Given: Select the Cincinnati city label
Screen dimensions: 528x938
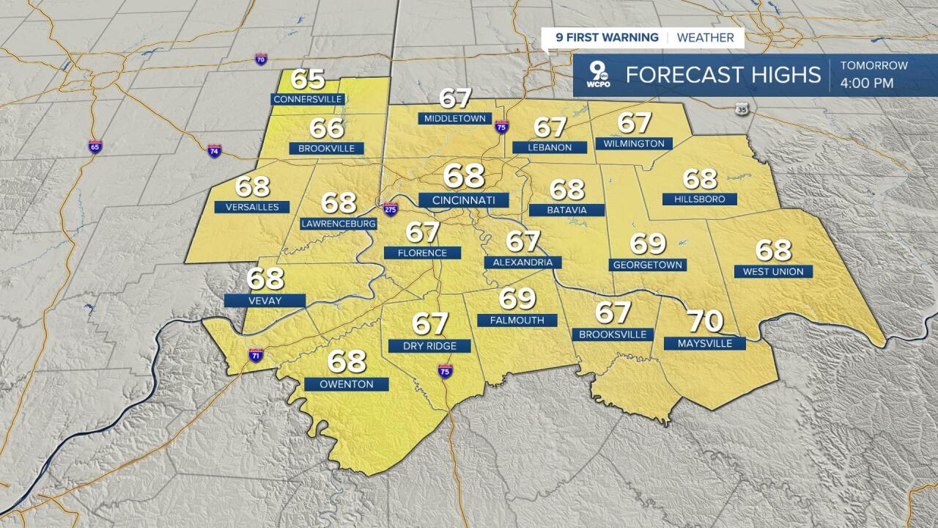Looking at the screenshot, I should tap(464, 200).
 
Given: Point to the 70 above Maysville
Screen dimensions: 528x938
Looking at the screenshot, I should tap(704, 321).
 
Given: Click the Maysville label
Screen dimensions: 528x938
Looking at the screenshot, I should tap(703, 343).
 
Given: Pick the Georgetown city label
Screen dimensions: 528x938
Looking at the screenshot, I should tap(647, 265).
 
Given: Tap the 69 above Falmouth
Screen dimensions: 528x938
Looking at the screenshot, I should tap(518, 298).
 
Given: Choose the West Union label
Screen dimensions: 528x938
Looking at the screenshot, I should tap(772, 271).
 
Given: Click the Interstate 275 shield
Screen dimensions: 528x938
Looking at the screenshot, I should tap(391, 208).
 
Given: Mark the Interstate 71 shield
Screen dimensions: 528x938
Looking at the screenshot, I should tap(255, 355).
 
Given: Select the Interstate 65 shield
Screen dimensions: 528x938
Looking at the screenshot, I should tap(95, 146).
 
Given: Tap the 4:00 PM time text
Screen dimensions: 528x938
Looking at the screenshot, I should tap(867, 83).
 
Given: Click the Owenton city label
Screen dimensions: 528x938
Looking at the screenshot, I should tap(347, 384).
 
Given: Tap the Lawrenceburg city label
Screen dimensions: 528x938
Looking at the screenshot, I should tap(339, 224).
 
